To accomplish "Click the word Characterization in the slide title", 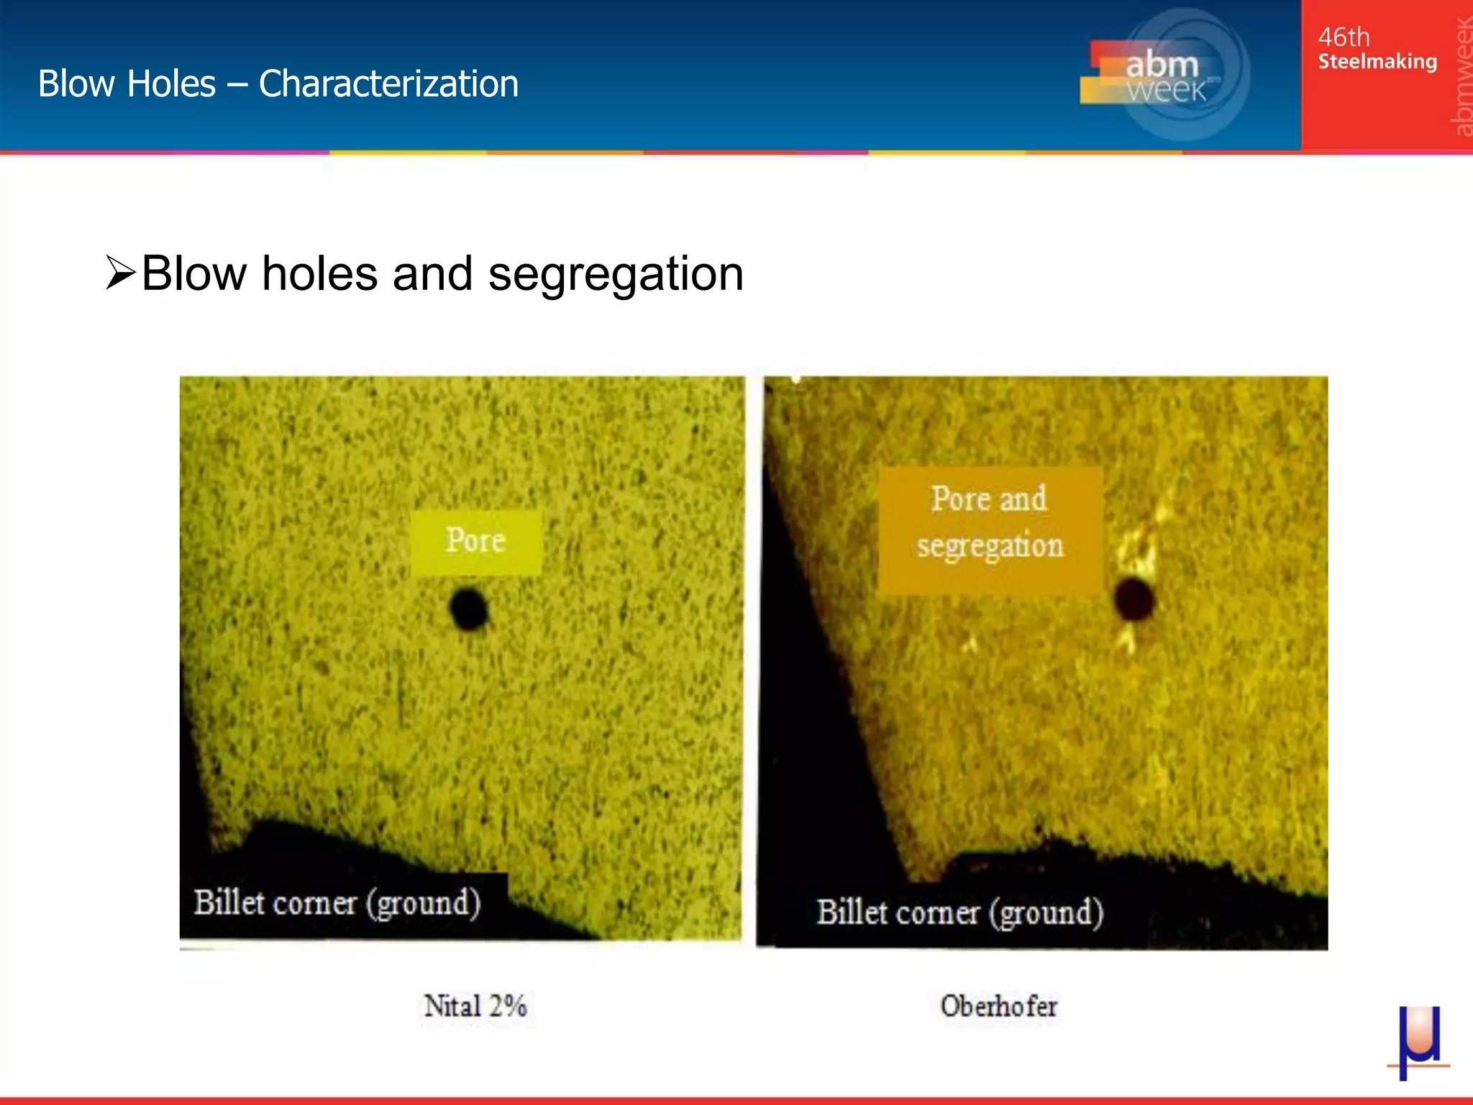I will (x=388, y=83).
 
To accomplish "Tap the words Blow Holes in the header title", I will (x=127, y=83).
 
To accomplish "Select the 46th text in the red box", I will (x=1344, y=37).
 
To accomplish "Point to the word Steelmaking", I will (x=1377, y=62).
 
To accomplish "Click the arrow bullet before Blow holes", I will (x=120, y=273).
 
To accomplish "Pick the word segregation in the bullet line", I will (x=616, y=274).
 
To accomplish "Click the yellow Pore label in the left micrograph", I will (x=475, y=541).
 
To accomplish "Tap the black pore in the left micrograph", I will (x=469, y=609).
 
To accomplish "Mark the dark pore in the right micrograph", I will (x=1134, y=599).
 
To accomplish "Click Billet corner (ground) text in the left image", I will (x=337, y=903).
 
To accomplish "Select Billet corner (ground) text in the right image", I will (x=959, y=913).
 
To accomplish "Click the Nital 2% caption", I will (x=475, y=1006).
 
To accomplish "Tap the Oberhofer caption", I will (x=998, y=1006).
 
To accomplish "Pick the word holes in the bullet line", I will (x=319, y=274).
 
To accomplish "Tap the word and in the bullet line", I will (x=432, y=274).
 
